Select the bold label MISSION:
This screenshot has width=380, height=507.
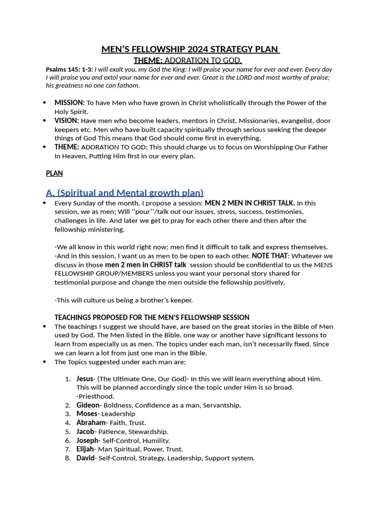click(x=69, y=103)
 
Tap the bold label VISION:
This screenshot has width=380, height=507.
click(x=66, y=121)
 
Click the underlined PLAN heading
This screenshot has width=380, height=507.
click(x=54, y=173)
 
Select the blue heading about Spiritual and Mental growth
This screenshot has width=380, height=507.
click(x=124, y=193)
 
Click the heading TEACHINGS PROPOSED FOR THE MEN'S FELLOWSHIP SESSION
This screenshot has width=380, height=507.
click(x=152, y=317)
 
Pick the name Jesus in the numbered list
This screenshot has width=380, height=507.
click(x=85, y=379)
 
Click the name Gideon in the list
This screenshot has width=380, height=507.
click(x=88, y=405)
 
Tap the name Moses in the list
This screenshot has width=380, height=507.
click(x=87, y=414)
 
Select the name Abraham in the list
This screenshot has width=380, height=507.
click(x=91, y=423)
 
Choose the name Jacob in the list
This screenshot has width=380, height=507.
click(x=86, y=432)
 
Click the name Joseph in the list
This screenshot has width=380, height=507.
click(x=87, y=441)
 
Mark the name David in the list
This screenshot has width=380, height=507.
click(x=85, y=458)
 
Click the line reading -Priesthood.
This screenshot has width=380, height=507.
click(x=95, y=396)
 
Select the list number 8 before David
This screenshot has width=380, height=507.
click(x=68, y=458)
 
